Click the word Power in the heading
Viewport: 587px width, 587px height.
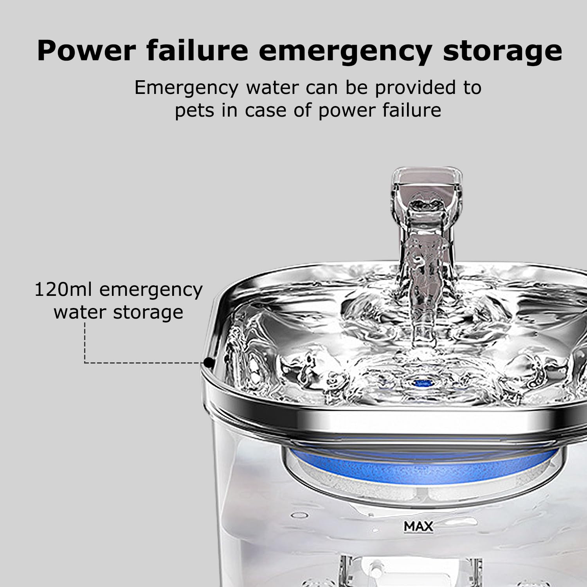[x=86, y=50]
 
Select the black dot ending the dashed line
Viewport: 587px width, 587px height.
[x=209, y=363]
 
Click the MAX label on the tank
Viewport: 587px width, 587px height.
[x=418, y=526]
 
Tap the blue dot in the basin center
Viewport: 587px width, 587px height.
[x=422, y=382]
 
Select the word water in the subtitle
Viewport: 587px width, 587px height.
[x=272, y=88]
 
